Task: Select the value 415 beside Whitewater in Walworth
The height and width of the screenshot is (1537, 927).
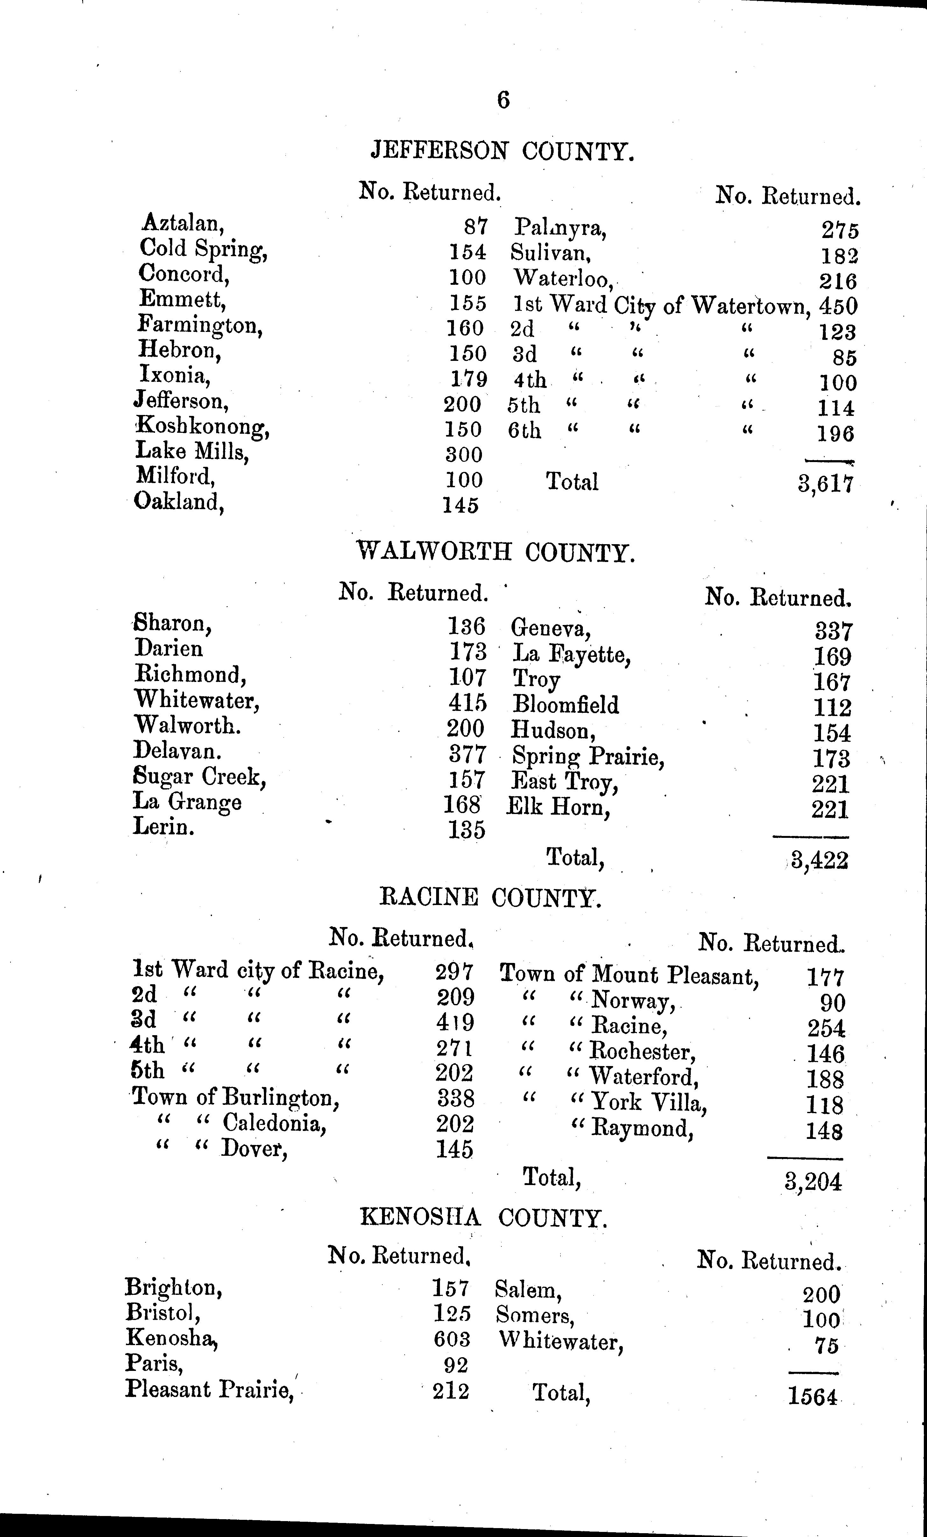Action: tap(467, 703)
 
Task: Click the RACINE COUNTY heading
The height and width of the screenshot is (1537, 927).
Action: tap(490, 898)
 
